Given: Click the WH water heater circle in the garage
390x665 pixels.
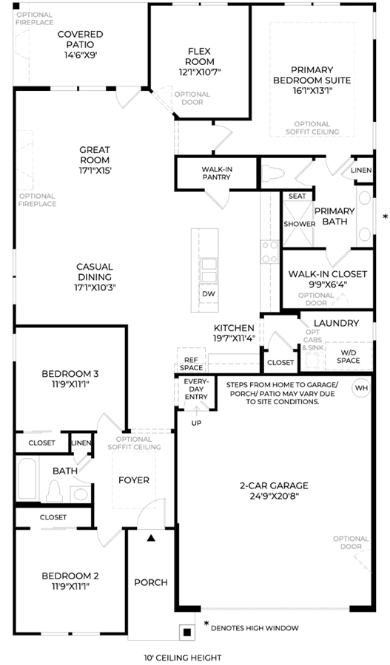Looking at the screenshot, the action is (362, 388).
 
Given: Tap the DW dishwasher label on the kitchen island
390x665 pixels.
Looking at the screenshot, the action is (208, 294).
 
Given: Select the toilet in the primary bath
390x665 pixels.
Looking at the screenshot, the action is (272, 174).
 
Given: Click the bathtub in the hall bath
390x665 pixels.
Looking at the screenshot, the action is (27, 478).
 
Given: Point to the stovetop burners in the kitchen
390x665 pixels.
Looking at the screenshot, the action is (269, 252).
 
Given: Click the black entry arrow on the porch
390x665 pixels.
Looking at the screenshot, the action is (151, 538).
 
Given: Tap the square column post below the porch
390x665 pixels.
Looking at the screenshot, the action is (186, 632).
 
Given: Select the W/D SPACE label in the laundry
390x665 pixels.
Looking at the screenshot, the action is (349, 356).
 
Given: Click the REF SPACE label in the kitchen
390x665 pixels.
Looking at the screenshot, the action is (191, 364).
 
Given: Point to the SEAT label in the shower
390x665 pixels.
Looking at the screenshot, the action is (297, 196).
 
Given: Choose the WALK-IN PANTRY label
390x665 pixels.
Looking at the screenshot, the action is (217, 173).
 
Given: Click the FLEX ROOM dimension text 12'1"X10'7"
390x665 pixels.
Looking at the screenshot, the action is (200, 72).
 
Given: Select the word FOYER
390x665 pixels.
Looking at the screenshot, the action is (134, 480).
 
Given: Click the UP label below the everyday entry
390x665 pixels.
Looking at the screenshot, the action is (196, 423).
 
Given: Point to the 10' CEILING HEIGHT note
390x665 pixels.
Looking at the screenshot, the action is (182, 658).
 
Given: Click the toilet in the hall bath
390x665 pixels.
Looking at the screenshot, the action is (54, 491).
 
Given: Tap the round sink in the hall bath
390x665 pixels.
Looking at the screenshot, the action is (79, 494).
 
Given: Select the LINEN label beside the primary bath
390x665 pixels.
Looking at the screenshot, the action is (362, 170).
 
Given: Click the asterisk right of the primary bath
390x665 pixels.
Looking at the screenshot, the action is (386, 216).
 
